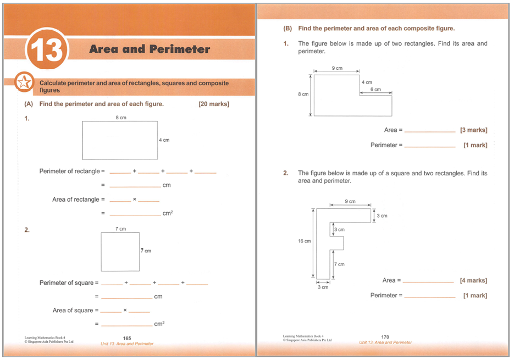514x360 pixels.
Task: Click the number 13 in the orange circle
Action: (x=46, y=51)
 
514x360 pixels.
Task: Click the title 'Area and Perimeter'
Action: (x=150, y=49)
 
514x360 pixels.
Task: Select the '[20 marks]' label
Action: (x=214, y=104)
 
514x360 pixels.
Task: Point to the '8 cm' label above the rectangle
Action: (x=121, y=118)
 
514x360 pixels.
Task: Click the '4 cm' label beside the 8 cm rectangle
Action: (x=164, y=140)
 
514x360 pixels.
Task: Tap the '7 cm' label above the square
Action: (x=120, y=229)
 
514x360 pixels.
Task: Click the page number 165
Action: (x=126, y=338)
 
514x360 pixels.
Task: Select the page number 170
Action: (x=385, y=337)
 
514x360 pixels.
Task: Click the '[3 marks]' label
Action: (x=473, y=130)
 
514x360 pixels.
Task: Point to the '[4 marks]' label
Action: (x=473, y=280)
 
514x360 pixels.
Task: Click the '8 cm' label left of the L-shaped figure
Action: (x=303, y=94)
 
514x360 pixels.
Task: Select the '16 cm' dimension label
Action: (x=304, y=241)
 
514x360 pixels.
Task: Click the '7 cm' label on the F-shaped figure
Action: (x=340, y=264)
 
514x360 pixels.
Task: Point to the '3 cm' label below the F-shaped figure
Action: (x=323, y=287)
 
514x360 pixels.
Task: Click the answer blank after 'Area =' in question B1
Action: (x=429, y=131)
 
